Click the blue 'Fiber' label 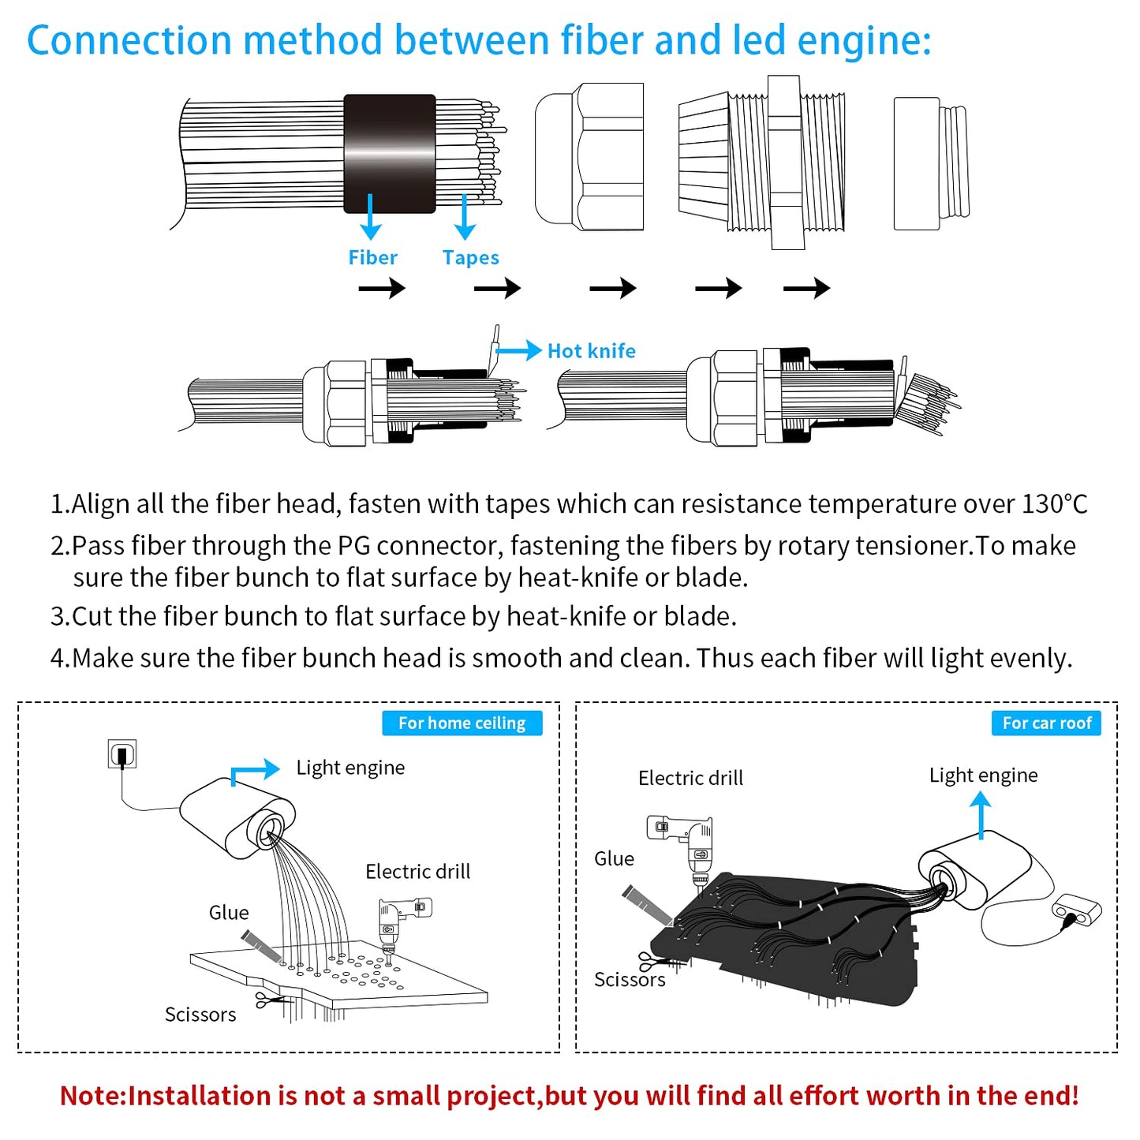pyautogui.click(x=372, y=258)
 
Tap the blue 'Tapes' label pyautogui.click(x=470, y=258)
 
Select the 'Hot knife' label pyautogui.click(x=591, y=351)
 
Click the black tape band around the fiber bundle pyautogui.click(x=390, y=154)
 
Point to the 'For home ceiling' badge pyautogui.click(x=462, y=723)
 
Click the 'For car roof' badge pyautogui.click(x=1046, y=723)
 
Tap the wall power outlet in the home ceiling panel pyautogui.click(x=122, y=754)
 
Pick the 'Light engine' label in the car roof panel pyautogui.click(x=983, y=776)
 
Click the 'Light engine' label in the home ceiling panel pyautogui.click(x=350, y=768)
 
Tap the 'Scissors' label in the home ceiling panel pyautogui.click(x=200, y=1015)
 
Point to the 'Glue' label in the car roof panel pyautogui.click(x=614, y=859)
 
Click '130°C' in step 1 pyautogui.click(x=1055, y=504)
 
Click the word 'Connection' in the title pyautogui.click(x=129, y=41)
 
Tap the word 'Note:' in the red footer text pyautogui.click(x=93, y=1096)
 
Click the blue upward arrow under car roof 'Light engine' pyautogui.click(x=981, y=815)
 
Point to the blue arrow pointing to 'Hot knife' pyautogui.click(x=519, y=350)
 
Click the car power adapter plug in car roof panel pyautogui.click(x=1077, y=912)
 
